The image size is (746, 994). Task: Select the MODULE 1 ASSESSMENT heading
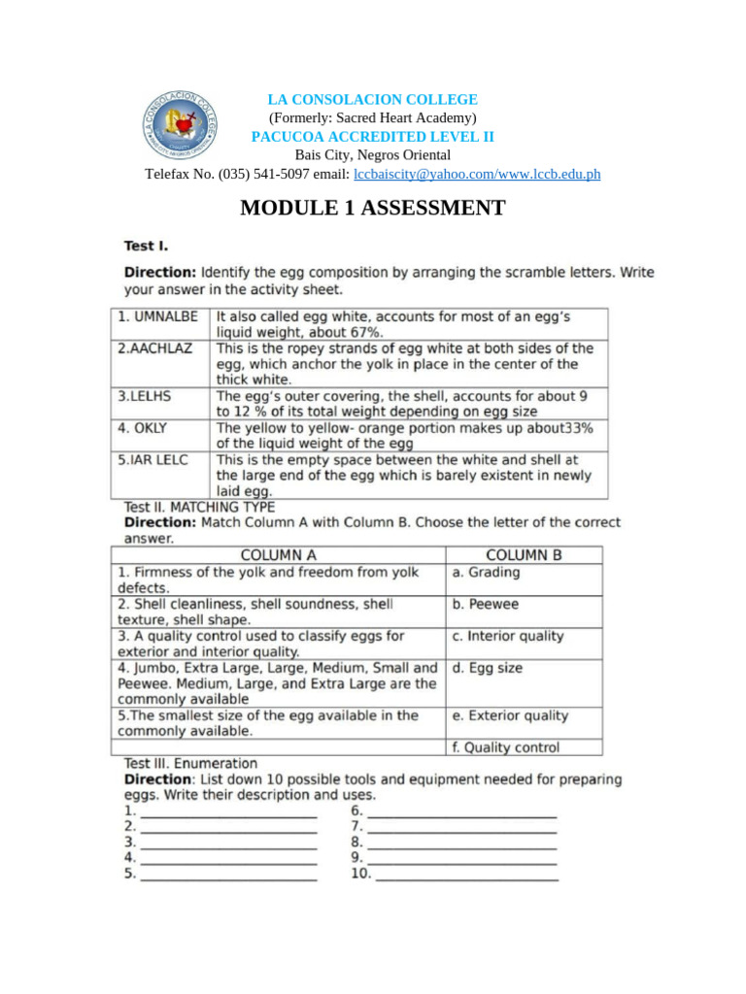[x=373, y=208]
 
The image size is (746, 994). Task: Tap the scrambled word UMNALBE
[x=158, y=316]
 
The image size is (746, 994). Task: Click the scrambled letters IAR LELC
[x=153, y=459]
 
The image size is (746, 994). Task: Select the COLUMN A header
[x=278, y=555]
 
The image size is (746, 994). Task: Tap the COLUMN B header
[x=523, y=555]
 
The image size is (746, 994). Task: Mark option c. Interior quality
[x=507, y=636]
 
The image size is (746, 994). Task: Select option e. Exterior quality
[x=510, y=715]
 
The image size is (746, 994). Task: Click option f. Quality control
[x=505, y=747]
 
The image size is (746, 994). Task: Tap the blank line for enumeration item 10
[x=466, y=876]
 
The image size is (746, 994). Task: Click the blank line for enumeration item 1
[x=228, y=812]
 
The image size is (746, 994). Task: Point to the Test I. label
[x=146, y=247]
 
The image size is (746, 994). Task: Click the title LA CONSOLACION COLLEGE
[x=373, y=100]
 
